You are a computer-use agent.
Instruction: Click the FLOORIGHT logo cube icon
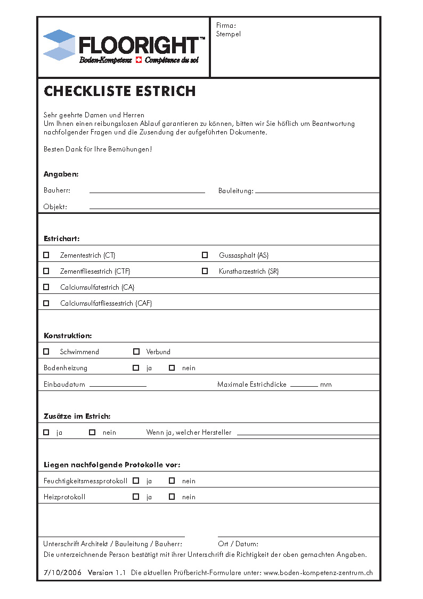coord(59,45)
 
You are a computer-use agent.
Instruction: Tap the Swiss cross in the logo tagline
coord(139,60)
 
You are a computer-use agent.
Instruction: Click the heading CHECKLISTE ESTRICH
coord(120,91)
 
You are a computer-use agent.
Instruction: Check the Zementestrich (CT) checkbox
coord(46,255)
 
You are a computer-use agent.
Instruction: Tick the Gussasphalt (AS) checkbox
coord(205,255)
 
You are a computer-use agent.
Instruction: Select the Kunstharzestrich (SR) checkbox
coord(205,271)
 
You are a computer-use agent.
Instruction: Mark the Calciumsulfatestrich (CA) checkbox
coord(46,287)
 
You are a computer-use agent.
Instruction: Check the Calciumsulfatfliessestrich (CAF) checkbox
coord(46,303)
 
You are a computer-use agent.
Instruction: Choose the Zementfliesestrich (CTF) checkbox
coord(46,271)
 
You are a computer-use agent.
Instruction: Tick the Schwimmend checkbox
coord(46,352)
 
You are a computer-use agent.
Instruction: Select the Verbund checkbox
coord(136,352)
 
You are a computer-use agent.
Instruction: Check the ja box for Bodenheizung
coord(136,368)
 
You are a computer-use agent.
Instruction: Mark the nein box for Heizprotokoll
coord(172,497)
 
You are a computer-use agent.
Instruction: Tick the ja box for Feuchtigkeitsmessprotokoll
coord(136,481)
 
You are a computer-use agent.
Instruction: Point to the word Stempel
coord(229,34)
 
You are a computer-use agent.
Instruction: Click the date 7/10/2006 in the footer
coord(62,573)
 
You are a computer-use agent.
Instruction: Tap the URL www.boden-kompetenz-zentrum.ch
coord(318,573)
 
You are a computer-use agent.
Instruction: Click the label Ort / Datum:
coord(238,544)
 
